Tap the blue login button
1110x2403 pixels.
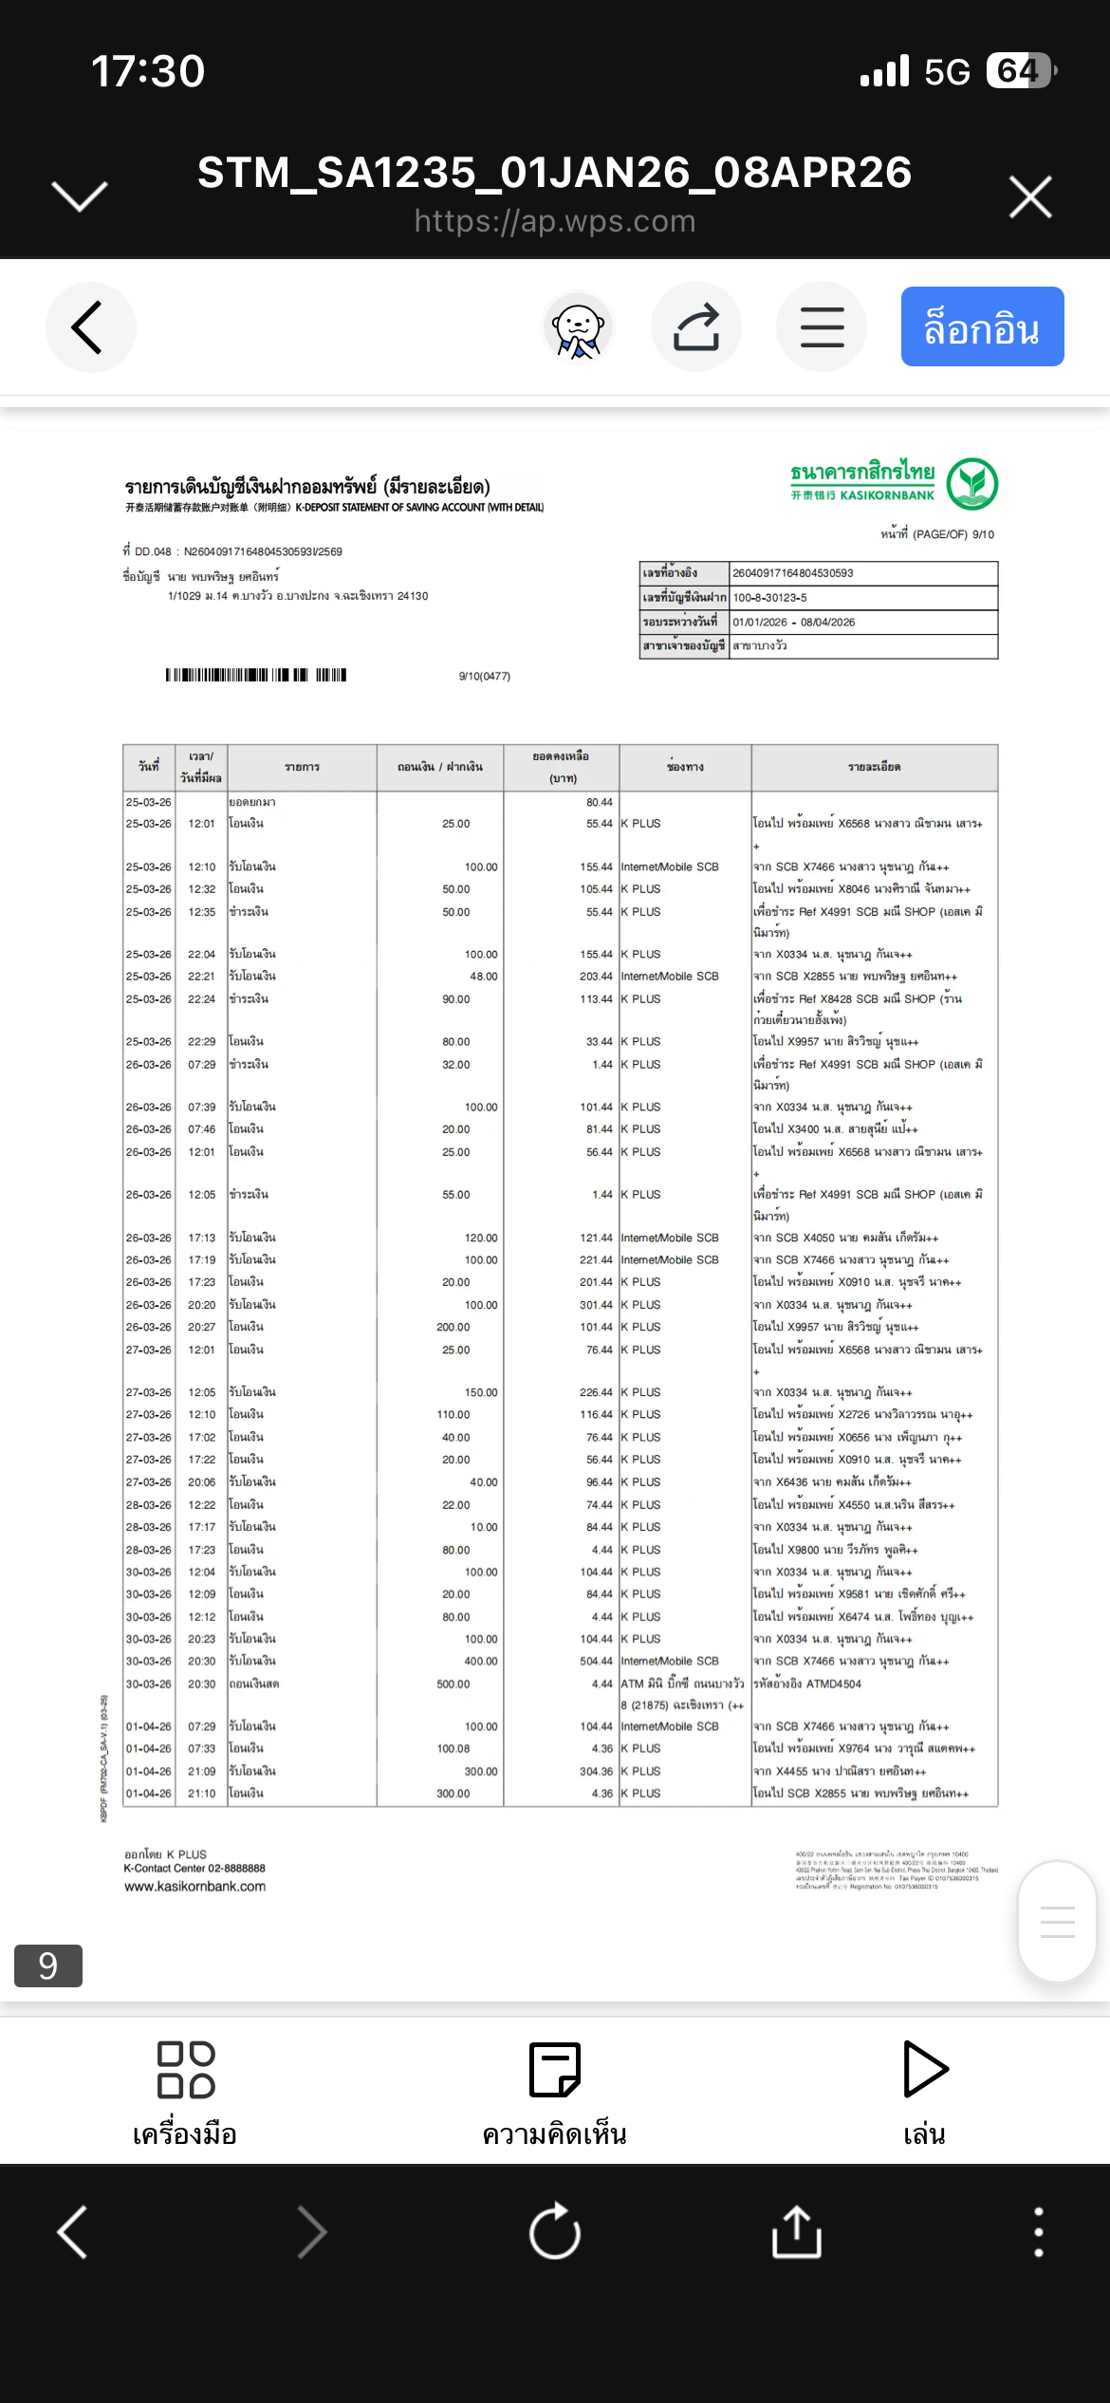pyautogui.click(x=982, y=327)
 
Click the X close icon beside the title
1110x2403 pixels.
pyautogui.click(x=1030, y=197)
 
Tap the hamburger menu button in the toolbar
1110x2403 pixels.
pyautogui.click(x=822, y=327)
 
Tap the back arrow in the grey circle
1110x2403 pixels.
pyautogui.click(x=89, y=327)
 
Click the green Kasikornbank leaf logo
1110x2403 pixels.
pyautogui.click(x=971, y=483)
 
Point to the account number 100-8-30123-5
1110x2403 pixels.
pyautogui.click(x=769, y=598)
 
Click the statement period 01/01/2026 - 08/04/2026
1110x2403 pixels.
pyautogui.click(x=793, y=623)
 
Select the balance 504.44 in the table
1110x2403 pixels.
pyautogui.click(x=596, y=1662)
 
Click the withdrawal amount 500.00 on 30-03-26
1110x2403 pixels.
pyautogui.click(x=453, y=1685)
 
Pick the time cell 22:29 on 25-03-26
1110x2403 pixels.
pyautogui.click(x=201, y=1042)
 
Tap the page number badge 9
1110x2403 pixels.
pyautogui.click(x=48, y=1965)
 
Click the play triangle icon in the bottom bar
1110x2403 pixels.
pyautogui.click(x=924, y=2069)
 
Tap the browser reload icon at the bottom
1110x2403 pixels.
pyautogui.click(x=555, y=2231)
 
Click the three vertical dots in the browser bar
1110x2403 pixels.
pyautogui.click(x=1038, y=2231)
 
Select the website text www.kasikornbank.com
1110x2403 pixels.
pyautogui.click(x=194, y=1887)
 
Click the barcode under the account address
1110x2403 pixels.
pyautogui.click(x=256, y=675)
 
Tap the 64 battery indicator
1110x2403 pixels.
pyautogui.click(x=1019, y=71)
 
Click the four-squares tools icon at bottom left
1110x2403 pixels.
pyautogui.click(x=186, y=2069)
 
